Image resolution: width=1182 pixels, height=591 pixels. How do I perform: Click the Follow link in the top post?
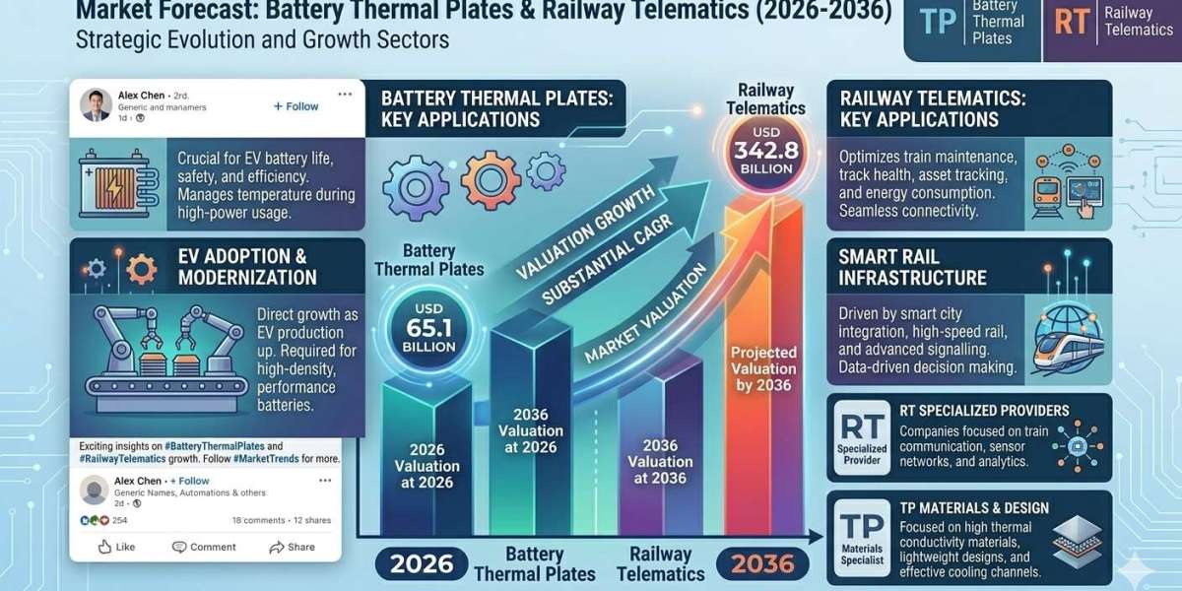295,105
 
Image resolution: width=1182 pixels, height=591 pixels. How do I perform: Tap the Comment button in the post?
204,547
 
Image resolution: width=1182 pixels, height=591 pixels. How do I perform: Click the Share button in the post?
293,547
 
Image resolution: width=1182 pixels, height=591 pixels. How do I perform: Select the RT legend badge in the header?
1070,24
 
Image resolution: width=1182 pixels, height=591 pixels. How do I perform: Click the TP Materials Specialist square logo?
862,535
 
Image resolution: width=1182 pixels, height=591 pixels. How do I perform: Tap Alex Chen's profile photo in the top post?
96,105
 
